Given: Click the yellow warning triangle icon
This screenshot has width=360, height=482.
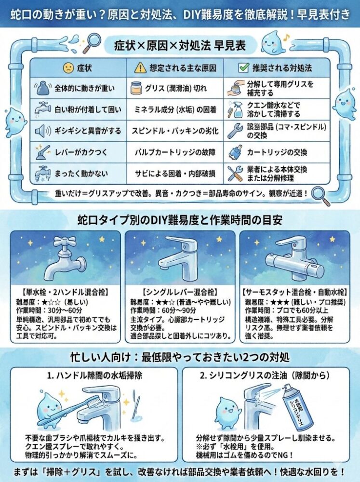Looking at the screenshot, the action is point(140,67).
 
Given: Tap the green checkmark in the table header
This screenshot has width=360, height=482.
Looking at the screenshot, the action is point(243,67).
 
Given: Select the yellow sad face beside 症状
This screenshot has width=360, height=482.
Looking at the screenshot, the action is point(68,67).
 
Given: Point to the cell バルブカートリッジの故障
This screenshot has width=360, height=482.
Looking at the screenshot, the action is point(175,152).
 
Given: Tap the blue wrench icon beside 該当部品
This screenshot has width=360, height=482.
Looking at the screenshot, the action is point(235,131).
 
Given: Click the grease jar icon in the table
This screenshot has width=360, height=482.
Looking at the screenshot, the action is point(136,88).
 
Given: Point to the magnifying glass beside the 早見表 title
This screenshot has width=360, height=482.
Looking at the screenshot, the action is point(92,43).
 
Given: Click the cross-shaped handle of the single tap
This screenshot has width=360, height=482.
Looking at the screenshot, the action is point(64,241).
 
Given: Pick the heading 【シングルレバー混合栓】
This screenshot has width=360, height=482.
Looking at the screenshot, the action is point(180,292).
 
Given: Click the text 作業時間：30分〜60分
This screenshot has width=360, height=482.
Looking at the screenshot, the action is point(49,310).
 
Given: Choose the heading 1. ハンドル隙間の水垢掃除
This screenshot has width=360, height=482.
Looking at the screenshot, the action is point(94,375).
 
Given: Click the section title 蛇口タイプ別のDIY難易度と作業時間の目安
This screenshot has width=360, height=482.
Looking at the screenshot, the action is point(180,220).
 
